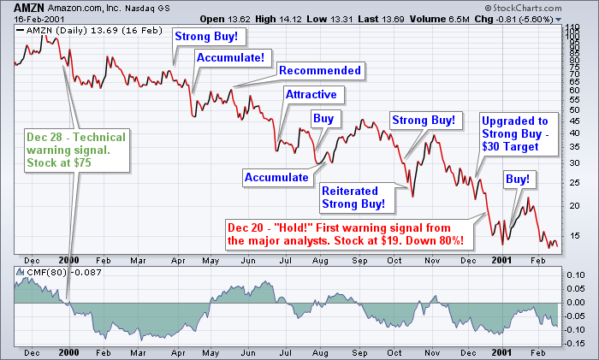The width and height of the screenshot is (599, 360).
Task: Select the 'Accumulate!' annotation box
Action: [235, 57]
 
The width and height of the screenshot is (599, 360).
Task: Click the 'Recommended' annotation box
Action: [321, 70]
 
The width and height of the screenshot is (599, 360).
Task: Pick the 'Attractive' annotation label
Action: [311, 94]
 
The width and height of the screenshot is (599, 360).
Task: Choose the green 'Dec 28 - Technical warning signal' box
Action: [75, 150]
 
